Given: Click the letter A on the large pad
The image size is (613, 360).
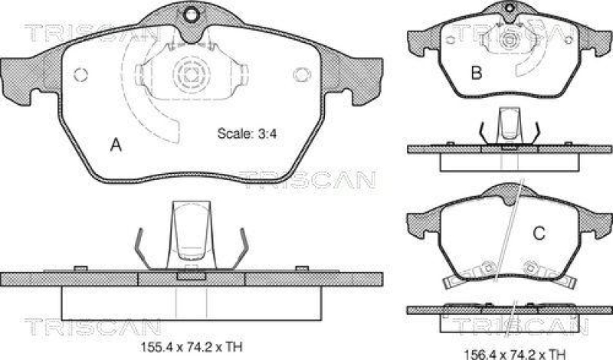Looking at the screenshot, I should (116, 144).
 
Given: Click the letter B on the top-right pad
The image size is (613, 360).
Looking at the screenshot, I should (476, 74).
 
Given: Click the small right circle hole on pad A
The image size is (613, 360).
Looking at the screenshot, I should (300, 74).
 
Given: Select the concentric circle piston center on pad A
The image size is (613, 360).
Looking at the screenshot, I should (189, 75).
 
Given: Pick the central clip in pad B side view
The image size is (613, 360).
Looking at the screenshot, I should (507, 124).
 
